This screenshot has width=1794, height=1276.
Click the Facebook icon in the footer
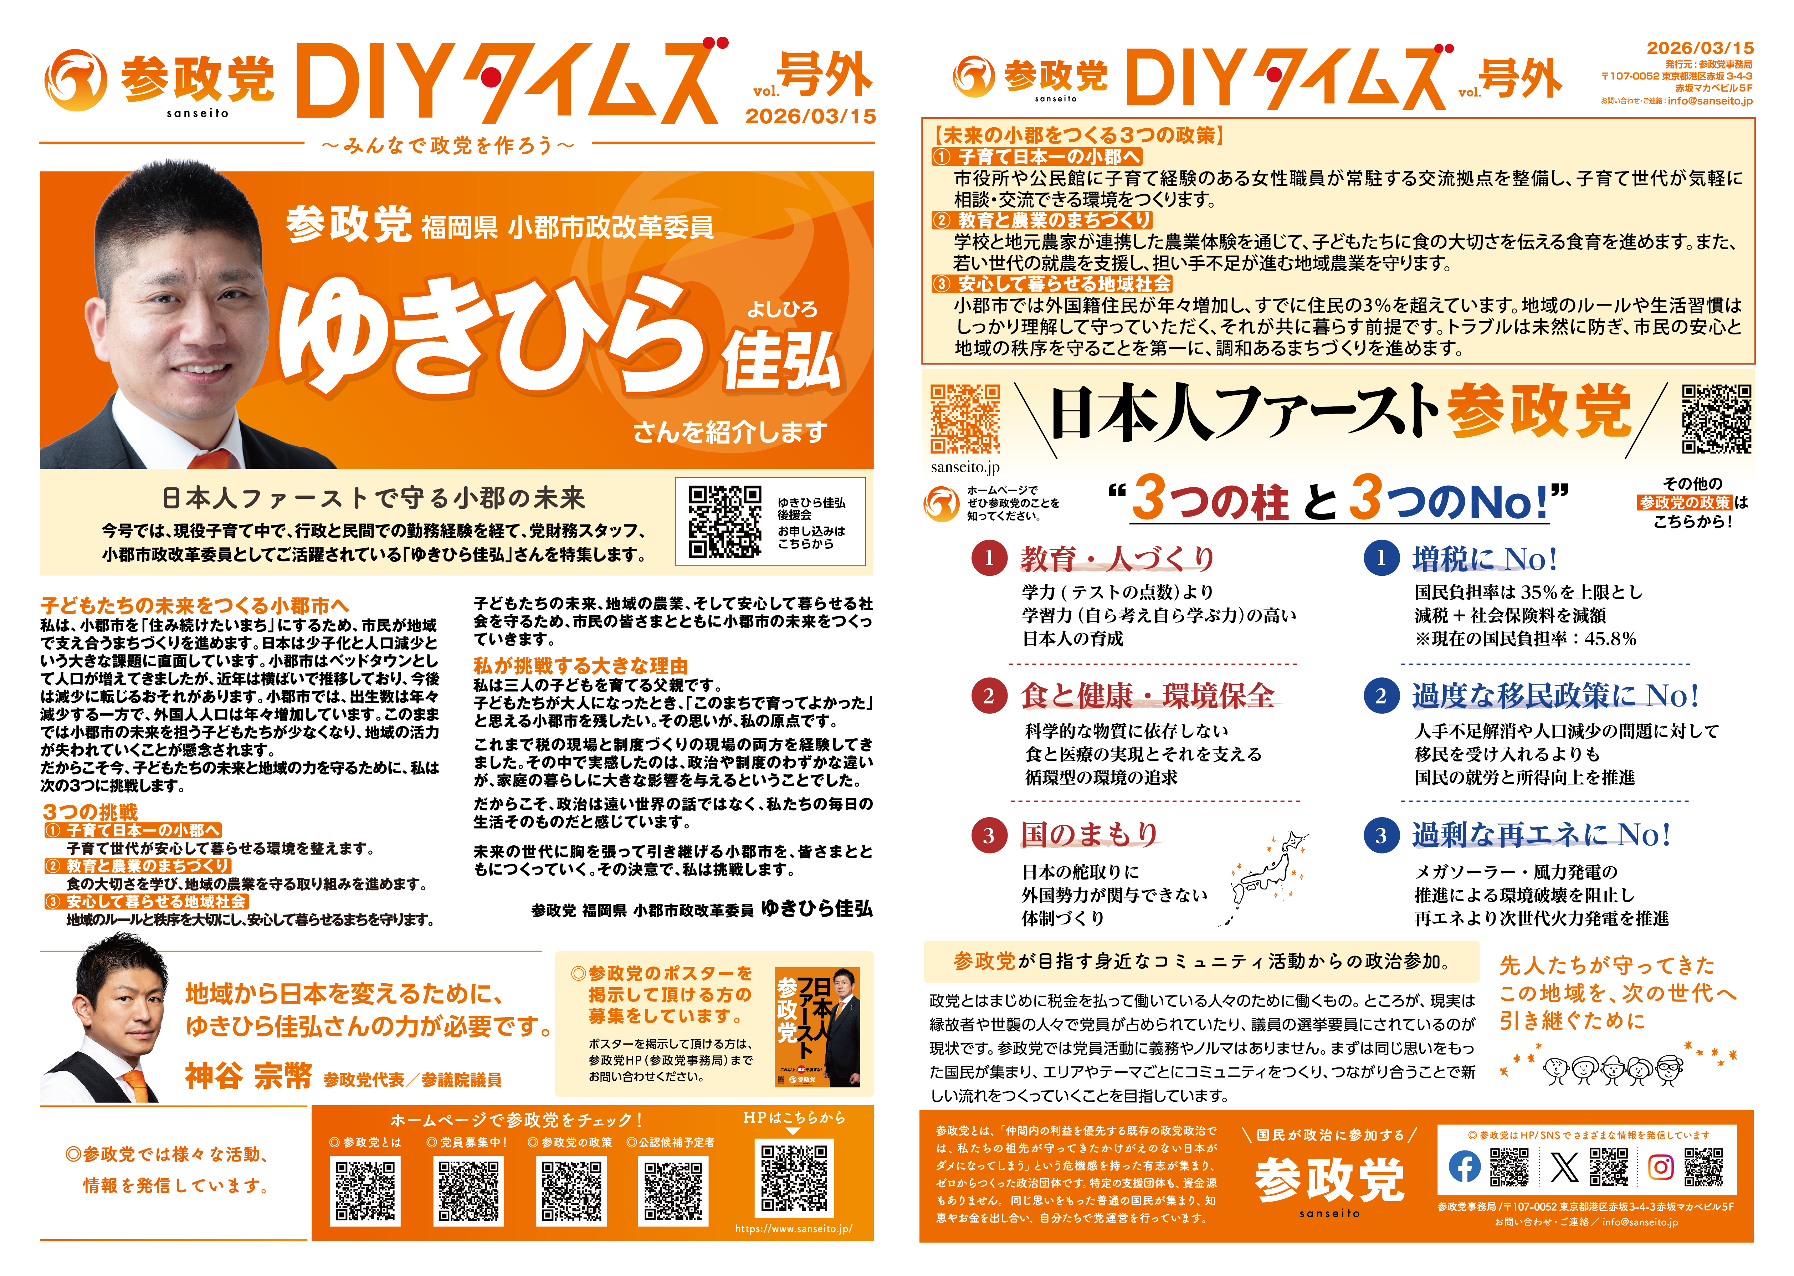[x=1464, y=1167]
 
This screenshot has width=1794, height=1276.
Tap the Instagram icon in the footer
[x=1660, y=1167]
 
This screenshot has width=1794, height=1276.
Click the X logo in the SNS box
[x=1564, y=1167]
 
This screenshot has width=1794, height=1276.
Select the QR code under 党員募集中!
[x=469, y=1191]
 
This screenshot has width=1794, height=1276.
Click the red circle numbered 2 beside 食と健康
[x=989, y=696]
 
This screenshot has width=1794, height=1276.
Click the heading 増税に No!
[x=1485, y=559]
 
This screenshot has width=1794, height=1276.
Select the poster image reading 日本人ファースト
[x=817, y=1027]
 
